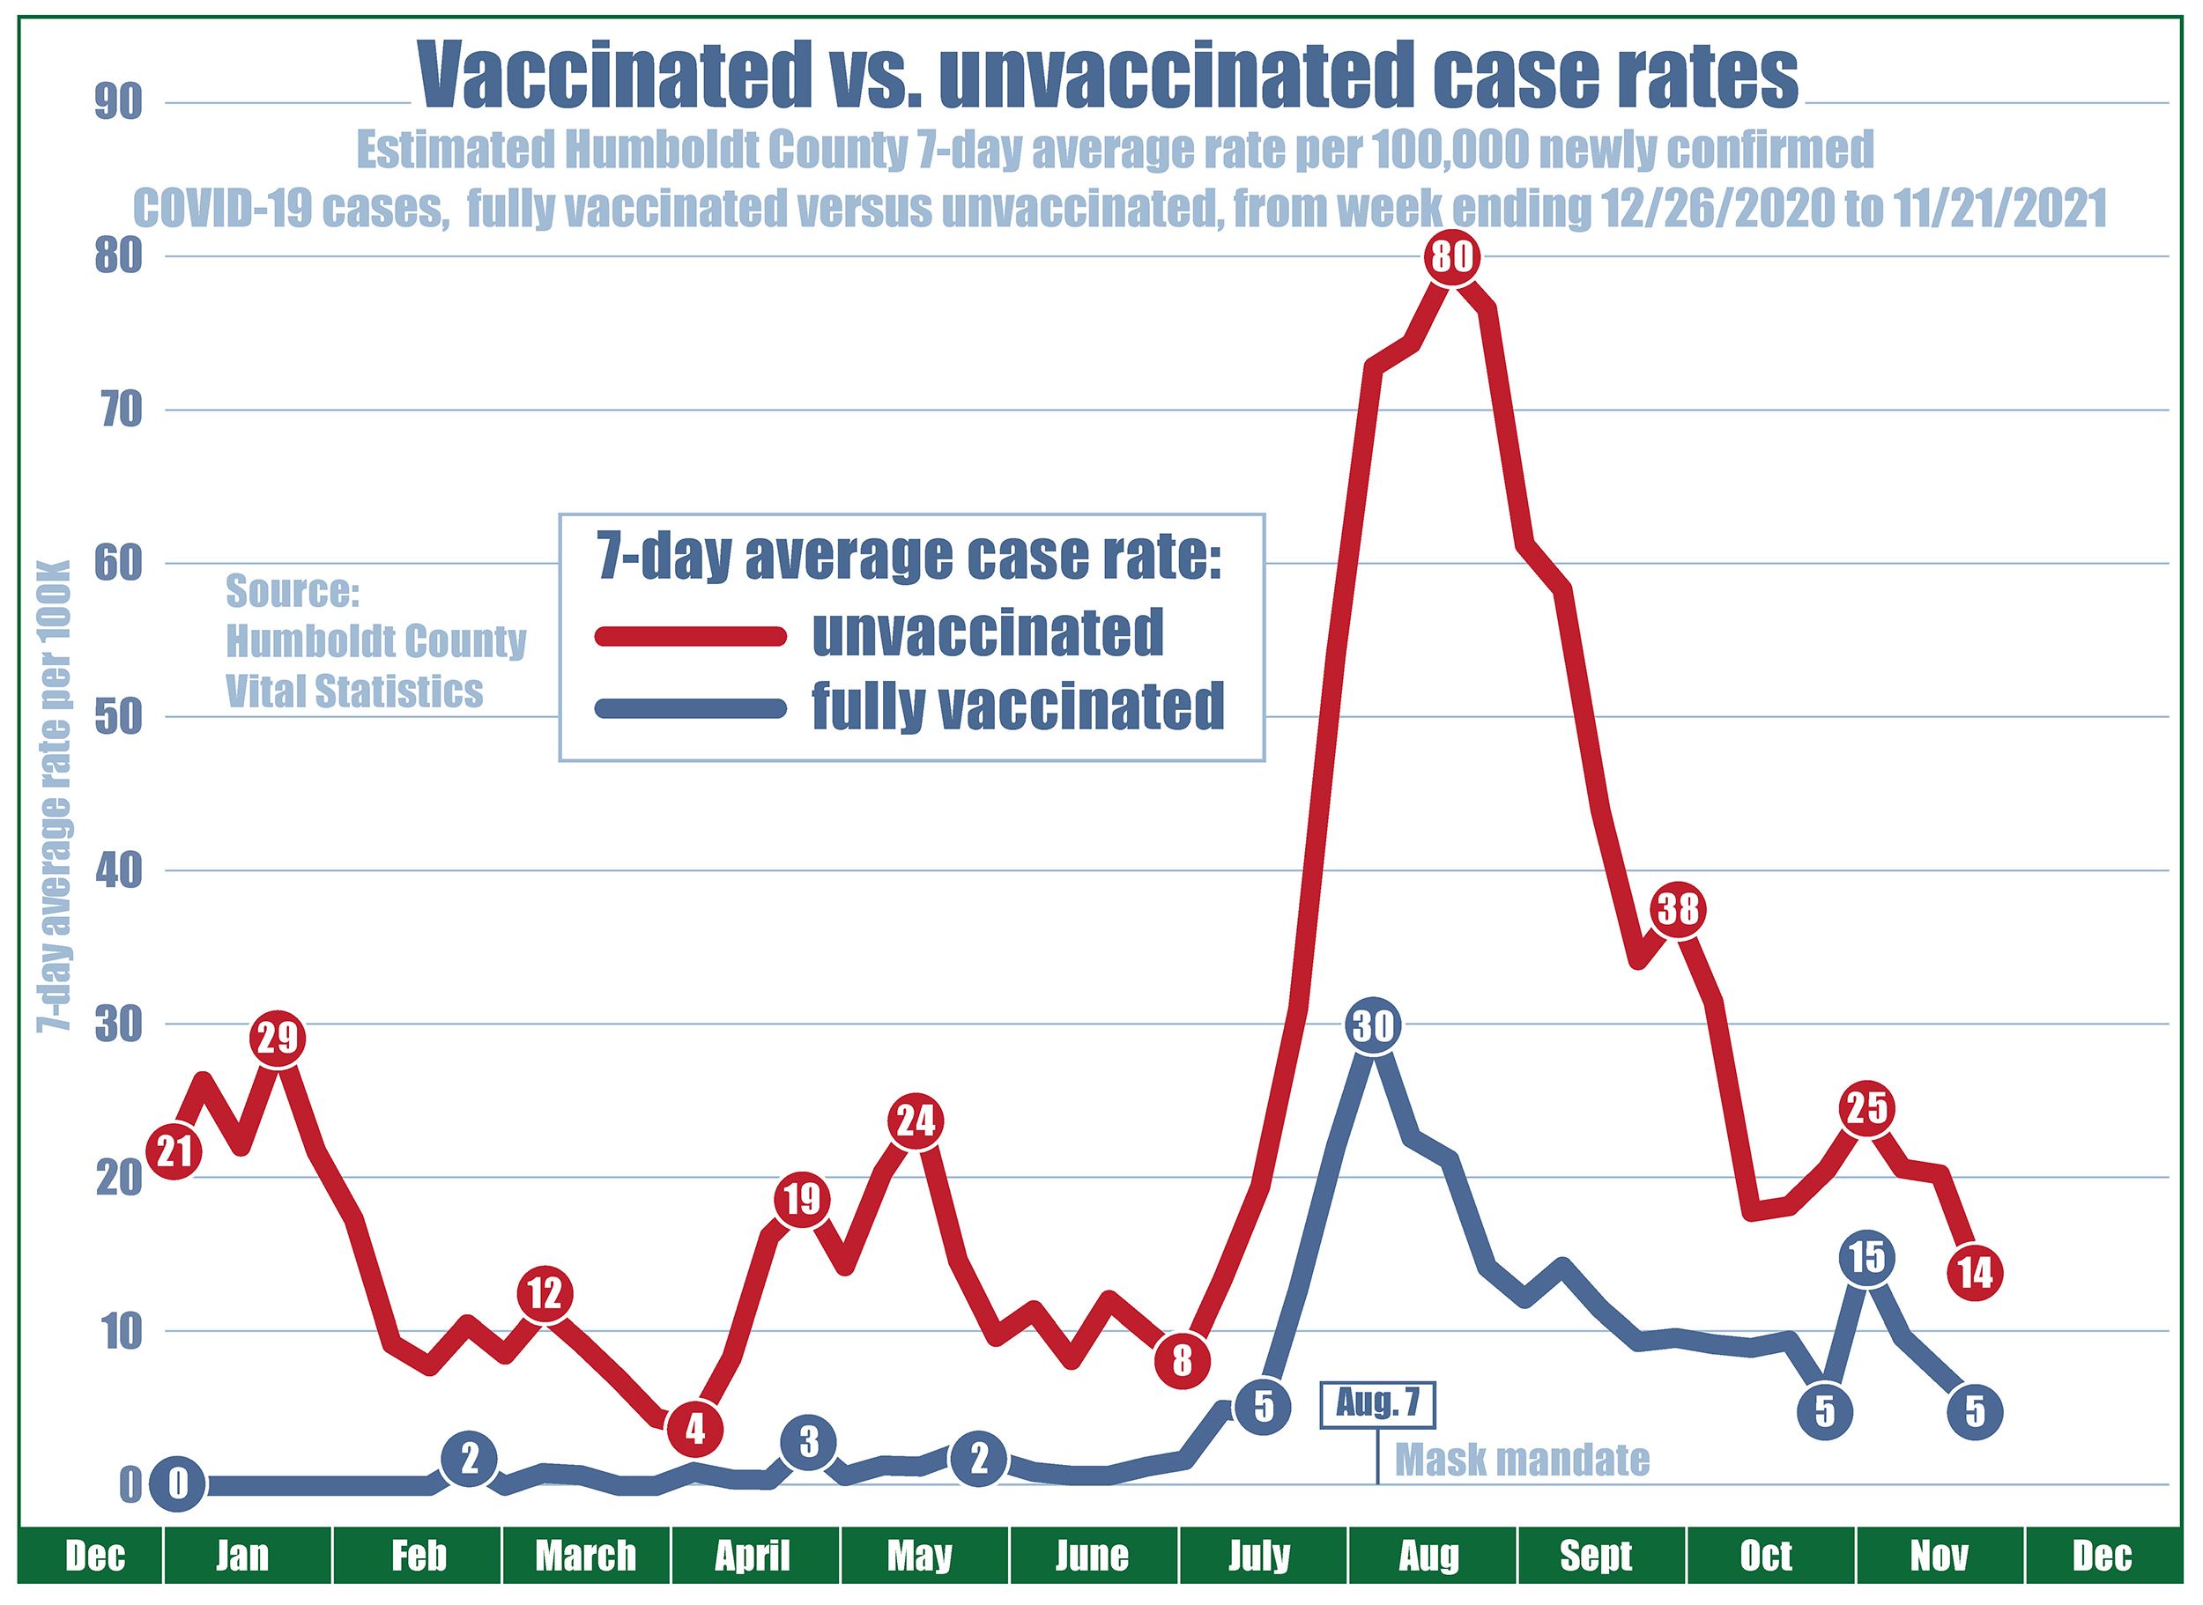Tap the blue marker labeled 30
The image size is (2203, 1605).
coord(1373,1026)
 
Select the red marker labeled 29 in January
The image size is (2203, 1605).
coord(278,1039)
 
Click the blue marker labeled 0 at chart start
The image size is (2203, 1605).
coord(177,1484)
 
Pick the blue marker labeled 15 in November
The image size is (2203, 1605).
coord(1866,1258)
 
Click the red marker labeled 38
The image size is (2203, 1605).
coord(1677,910)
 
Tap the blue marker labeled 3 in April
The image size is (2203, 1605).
coord(809,1444)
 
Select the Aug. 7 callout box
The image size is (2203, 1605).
coord(1377,1404)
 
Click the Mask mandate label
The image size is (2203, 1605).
coord(1522,1460)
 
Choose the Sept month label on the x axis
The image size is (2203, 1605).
coord(1597,1556)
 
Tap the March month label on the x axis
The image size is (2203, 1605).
coord(585,1556)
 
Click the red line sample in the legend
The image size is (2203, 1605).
coord(690,635)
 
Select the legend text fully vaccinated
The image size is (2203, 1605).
coord(1018,706)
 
